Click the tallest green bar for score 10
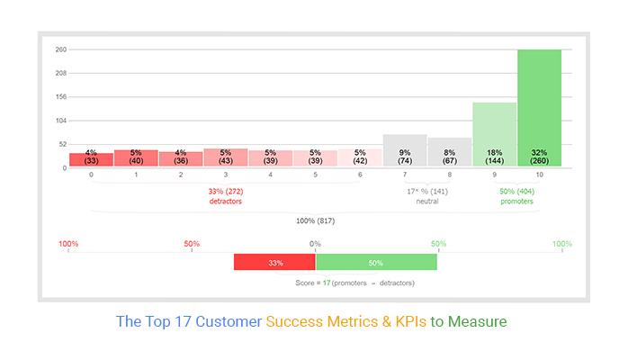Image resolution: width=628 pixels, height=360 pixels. coord(540,108)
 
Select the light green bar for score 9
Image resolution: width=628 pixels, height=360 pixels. coord(495,135)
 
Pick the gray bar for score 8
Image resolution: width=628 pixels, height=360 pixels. coord(450,153)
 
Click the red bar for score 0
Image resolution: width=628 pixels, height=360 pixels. coord(91,160)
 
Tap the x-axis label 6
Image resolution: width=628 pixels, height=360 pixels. coord(361,175)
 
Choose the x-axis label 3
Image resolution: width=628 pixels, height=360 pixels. coord(226,175)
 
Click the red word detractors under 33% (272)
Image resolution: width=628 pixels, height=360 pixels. coord(226,202)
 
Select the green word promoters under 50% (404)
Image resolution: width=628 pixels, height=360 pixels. coord(516,202)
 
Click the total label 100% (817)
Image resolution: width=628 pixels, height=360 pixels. coord(315,220)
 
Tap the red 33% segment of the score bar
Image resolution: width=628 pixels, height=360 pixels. coord(274,262)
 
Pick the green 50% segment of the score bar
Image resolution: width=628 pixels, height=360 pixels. coord(376,262)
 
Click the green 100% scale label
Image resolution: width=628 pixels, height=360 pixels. coord(562,244)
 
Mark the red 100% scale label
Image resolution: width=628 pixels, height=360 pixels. coord(67,244)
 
